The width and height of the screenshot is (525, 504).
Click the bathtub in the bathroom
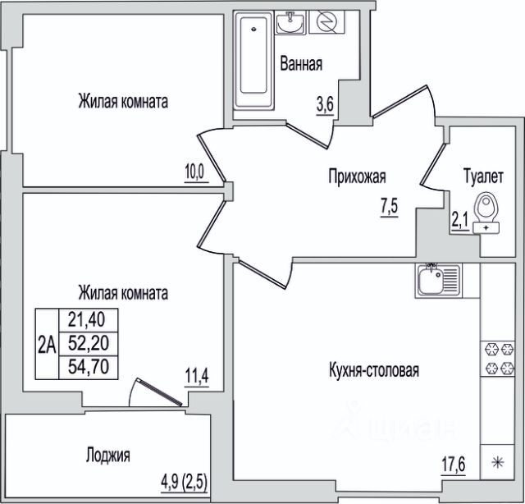pyautogui.click(x=253, y=60)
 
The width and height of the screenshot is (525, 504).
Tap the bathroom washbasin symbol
pyautogui.click(x=290, y=22)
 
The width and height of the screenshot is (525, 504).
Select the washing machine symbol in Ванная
pyautogui.click(x=326, y=22)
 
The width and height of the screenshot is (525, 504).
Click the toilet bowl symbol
pyautogui.click(x=486, y=213)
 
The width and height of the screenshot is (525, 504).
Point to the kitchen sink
pyautogui.click(x=438, y=281)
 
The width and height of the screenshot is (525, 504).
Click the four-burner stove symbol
pyautogui.click(x=498, y=359)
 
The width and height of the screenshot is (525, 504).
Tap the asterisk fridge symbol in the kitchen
pyautogui.click(x=498, y=463)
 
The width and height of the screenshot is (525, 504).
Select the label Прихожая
pyautogui.click(x=357, y=176)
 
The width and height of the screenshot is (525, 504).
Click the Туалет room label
pyautogui.click(x=483, y=176)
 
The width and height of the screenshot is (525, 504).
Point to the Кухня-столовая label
pyautogui.click(x=374, y=370)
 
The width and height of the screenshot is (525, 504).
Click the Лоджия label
pyautogui.click(x=107, y=456)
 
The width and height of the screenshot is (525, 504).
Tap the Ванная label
pyautogui.click(x=301, y=64)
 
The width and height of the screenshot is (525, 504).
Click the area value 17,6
pyautogui.click(x=453, y=465)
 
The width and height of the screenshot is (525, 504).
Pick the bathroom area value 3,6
pyautogui.click(x=325, y=105)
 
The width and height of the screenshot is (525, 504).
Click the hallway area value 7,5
pyautogui.click(x=389, y=207)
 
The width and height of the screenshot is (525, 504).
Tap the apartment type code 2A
pyautogui.click(x=47, y=344)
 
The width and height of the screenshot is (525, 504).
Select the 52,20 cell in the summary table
pyautogui.click(x=89, y=343)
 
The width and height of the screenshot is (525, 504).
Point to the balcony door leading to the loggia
pyautogui.click(x=157, y=392)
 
